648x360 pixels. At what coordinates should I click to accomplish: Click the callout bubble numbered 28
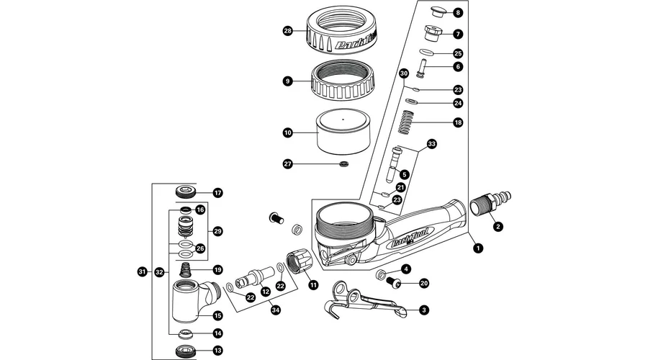click(x=288, y=31)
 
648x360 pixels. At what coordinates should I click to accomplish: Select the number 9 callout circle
click(x=288, y=81)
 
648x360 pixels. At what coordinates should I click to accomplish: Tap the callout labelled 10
click(x=288, y=132)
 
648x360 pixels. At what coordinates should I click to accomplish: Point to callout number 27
click(x=288, y=164)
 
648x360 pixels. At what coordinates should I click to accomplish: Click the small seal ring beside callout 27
click(x=345, y=165)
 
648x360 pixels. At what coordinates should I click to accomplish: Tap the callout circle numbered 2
click(x=497, y=226)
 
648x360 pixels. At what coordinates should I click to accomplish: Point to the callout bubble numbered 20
click(x=423, y=283)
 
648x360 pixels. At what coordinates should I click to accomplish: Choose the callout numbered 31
click(x=142, y=271)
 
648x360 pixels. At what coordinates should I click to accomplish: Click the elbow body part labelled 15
click(x=189, y=300)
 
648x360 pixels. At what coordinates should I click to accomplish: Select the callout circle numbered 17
click(x=217, y=192)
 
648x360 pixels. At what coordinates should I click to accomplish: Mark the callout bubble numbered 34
click(x=274, y=310)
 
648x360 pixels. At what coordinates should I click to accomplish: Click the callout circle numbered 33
click(x=432, y=144)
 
